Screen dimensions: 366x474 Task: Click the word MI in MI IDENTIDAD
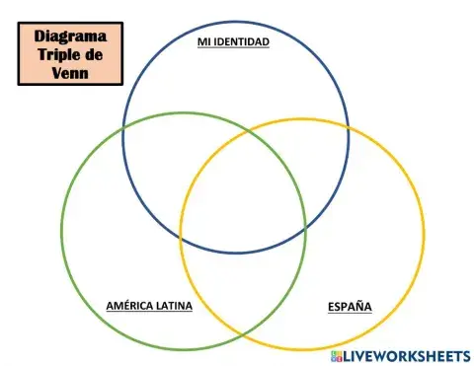[x=203, y=44]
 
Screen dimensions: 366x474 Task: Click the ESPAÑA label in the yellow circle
[x=350, y=306]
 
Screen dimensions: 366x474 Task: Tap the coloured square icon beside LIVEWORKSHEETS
[x=337, y=354]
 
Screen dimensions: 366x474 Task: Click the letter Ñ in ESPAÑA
[x=359, y=306]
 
